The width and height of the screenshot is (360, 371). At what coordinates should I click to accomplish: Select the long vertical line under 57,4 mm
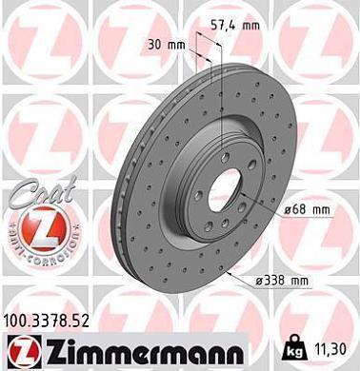point(221,95)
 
